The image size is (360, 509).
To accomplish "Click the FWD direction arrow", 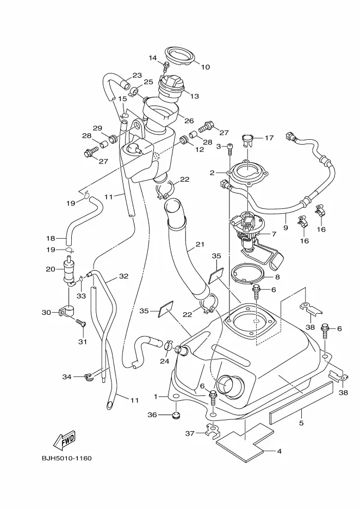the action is click(64, 441).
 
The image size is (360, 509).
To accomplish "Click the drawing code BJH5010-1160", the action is click(66, 458).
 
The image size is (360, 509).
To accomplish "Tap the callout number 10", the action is click(205, 67).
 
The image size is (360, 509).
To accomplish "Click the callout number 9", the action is click(285, 227).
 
